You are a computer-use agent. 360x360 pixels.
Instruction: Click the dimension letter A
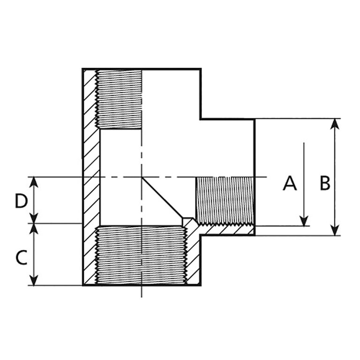point(290,183)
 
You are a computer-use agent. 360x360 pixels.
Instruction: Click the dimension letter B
point(325,183)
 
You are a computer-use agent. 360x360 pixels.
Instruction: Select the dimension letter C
point(21,258)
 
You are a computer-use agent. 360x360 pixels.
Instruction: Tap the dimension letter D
point(21,201)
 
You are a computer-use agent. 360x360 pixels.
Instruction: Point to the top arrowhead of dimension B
point(334,123)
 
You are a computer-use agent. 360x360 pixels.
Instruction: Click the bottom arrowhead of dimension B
point(334,230)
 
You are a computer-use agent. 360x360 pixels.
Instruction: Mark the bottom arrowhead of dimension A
point(304,221)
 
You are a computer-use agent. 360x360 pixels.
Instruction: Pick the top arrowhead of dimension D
point(34,181)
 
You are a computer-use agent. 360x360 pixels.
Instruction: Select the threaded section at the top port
point(119,99)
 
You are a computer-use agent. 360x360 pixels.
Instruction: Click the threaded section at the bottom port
point(141,255)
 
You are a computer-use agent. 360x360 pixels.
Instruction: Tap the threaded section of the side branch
point(224,200)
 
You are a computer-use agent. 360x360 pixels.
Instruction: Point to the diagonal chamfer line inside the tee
point(162,197)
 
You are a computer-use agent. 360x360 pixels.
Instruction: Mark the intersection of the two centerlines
point(142,177)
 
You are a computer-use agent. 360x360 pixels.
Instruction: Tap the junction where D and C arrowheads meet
point(34,224)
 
